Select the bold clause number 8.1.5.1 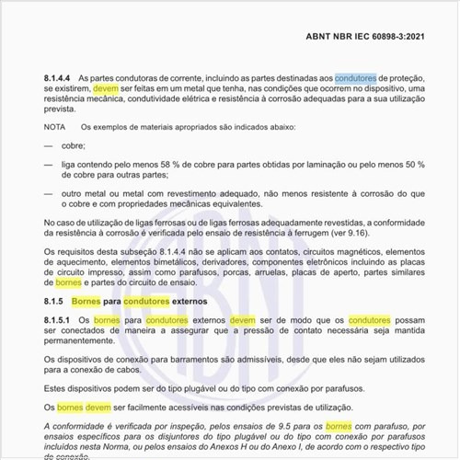click(62, 320)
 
